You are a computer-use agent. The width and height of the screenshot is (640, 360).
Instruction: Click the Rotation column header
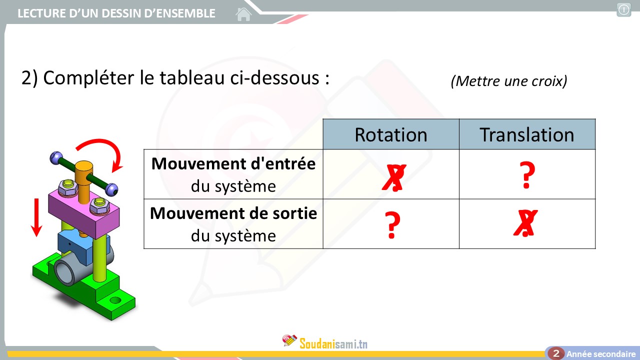[x=391, y=134]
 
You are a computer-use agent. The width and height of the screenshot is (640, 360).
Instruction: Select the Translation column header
[x=527, y=134]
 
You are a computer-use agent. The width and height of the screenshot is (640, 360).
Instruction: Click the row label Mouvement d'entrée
[x=233, y=163]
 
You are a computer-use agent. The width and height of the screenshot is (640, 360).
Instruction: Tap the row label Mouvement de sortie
[x=233, y=213]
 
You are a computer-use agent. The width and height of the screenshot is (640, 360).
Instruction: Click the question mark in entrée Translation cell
[x=527, y=175]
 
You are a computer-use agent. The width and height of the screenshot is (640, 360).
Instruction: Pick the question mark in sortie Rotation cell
[x=392, y=225]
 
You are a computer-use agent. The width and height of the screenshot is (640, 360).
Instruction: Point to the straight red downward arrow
[x=36, y=217]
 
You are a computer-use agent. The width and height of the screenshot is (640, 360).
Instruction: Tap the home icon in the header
[x=243, y=14]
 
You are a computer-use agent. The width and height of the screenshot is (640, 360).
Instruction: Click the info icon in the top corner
[x=623, y=10]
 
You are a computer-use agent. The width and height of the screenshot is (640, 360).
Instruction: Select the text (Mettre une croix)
[x=509, y=81]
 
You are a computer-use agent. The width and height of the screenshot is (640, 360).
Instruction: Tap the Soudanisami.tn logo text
[x=333, y=343]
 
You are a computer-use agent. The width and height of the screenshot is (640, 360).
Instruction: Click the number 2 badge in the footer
[x=556, y=353]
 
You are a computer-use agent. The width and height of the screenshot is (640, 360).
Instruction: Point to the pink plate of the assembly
[x=84, y=211]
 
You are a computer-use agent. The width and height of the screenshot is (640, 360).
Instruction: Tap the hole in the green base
[x=115, y=300]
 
